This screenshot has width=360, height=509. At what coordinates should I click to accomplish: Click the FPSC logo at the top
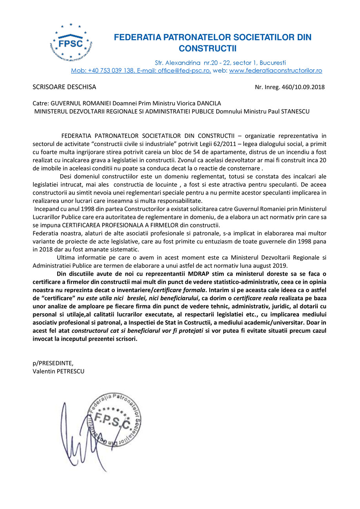pos(71,43)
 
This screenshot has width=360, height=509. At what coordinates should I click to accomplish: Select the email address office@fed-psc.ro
pos(184,71)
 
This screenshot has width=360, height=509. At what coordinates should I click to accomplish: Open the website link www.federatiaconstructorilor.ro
pos(275,71)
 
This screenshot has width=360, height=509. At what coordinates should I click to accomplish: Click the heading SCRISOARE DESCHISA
pos(64,87)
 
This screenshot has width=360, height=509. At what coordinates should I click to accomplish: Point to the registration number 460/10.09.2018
pos(303,87)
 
